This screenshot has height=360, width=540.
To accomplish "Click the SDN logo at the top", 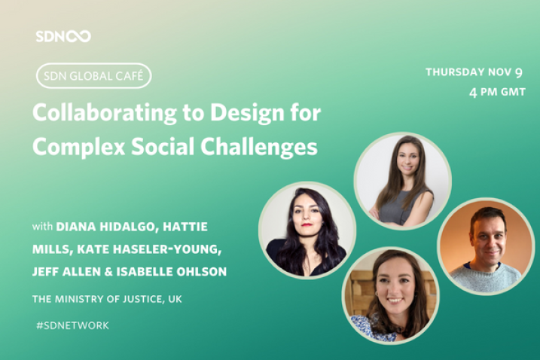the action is click(x=63, y=36).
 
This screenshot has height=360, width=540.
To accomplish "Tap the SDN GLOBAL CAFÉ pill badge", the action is click(x=93, y=76).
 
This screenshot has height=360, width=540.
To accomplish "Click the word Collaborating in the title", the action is click(x=105, y=113).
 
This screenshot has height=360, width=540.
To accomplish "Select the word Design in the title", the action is click(x=247, y=113).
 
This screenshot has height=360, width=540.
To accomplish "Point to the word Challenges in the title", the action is click(x=258, y=147).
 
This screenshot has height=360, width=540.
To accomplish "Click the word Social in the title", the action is click(x=163, y=146).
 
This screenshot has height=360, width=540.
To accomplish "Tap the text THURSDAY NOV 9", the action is click(x=474, y=72).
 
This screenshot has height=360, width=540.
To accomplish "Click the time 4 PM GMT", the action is click(x=497, y=92).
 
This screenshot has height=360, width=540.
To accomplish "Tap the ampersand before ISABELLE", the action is click(x=108, y=271).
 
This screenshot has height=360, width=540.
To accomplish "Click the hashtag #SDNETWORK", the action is click(x=72, y=325).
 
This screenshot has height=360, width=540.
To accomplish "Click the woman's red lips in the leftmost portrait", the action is click(x=306, y=225).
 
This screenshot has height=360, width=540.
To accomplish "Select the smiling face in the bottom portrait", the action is click(x=394, y=287).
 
